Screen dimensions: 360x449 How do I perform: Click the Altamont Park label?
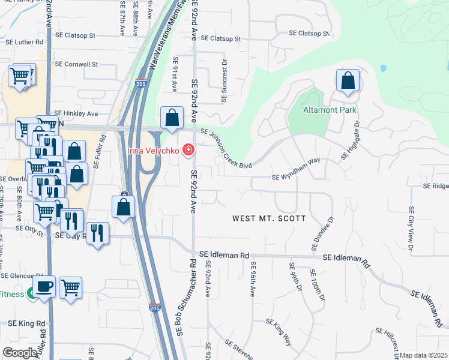point(330,110)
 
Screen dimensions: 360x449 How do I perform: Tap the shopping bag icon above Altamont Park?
point(348,80)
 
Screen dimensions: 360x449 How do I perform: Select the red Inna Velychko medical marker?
point(188,149)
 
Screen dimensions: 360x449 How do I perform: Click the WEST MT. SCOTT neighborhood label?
point(270,218)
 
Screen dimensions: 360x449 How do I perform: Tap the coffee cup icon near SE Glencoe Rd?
point(44,287)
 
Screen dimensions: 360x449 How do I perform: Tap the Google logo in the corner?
point(20,353)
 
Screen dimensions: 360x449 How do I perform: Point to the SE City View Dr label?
point(411,228)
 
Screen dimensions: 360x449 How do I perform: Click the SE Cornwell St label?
point(76,64)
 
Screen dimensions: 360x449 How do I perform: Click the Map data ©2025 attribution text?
point(424,355)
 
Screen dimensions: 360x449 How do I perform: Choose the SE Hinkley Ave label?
point(76,113)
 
